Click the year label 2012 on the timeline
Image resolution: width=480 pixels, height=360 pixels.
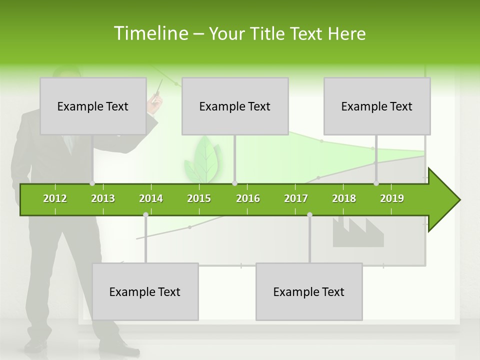[x=55, y=198]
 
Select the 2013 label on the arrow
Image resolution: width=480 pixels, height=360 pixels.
[x=103, y=198]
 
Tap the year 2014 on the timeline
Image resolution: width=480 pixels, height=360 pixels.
[x=151, y=198]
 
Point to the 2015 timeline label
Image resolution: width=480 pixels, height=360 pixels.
[x=199, y=198]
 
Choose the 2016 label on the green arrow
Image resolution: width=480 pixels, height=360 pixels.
[x=248, y=198]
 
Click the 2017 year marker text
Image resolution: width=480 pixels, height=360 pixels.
[x=296, y=198]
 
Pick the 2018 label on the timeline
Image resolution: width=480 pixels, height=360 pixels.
[x=344, y=198]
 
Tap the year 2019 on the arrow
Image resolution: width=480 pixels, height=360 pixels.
[x=392, y=198]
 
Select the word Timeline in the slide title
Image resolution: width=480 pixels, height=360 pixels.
[x=150, y=33]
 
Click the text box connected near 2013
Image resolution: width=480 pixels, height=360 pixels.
[x=93, y=106]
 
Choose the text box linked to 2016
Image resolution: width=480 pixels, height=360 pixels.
[x=235, y=106]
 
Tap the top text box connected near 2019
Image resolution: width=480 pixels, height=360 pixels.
[x=377, y=106]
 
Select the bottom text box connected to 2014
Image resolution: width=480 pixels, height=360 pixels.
[x=145, y=291]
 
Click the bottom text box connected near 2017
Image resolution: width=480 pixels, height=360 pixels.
[x=309, y=291]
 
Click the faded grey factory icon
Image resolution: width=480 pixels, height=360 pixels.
[x=358, y=232]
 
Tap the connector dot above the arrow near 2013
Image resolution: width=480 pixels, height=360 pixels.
[x=92, y=183]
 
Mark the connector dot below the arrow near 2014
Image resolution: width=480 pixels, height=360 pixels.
[x=145, y=214]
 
